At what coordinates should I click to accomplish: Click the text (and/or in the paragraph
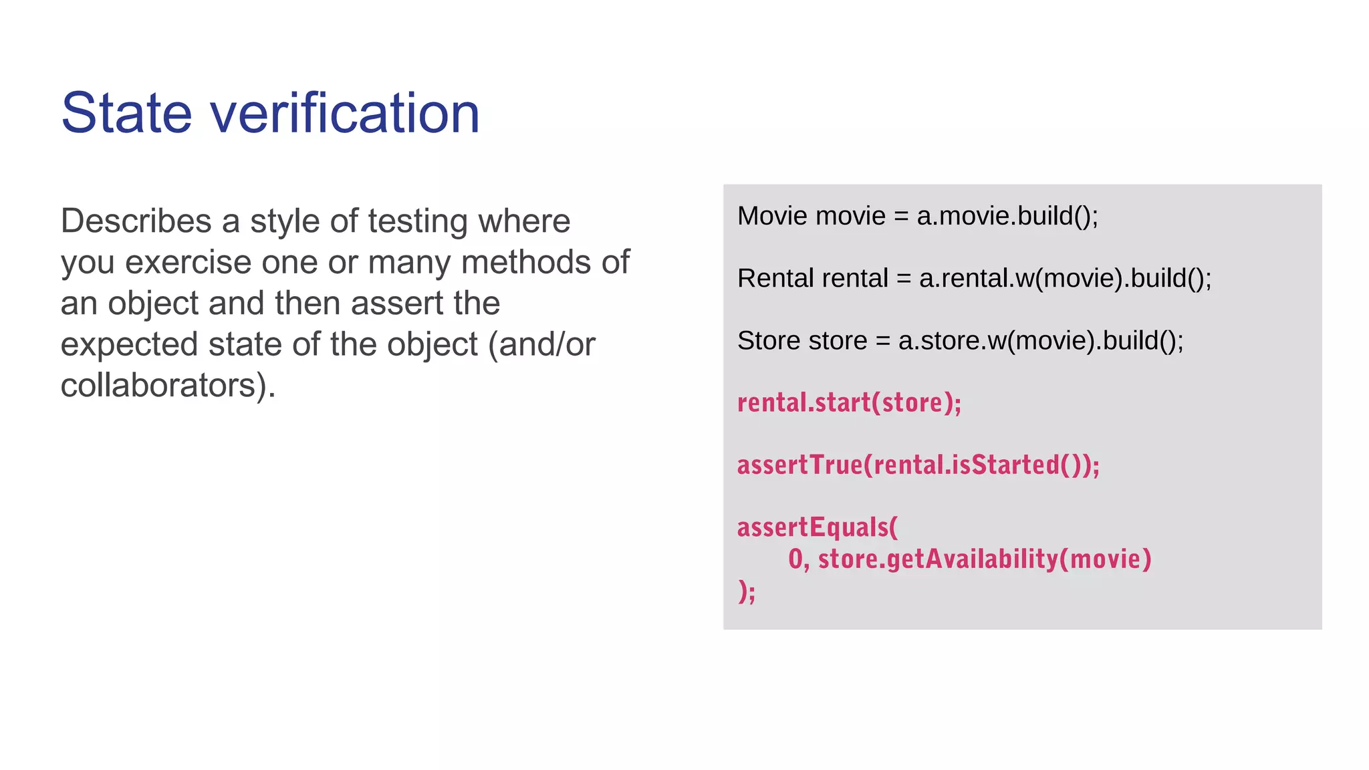click(541, 344)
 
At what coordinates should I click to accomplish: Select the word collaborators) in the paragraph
click(168, 386)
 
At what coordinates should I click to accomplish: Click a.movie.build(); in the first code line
click(1007, 216)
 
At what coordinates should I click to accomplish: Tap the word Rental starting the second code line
click(775, 278)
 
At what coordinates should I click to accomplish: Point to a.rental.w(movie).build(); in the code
click(1065, 278)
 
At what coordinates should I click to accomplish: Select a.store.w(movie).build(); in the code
click(1041, 341)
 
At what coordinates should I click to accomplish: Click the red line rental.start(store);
click(849, 403)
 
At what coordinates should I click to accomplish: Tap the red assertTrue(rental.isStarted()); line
click(918, 465)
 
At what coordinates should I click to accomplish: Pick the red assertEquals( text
click(818, 527)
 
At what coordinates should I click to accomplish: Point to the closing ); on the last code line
click(747, 592)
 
